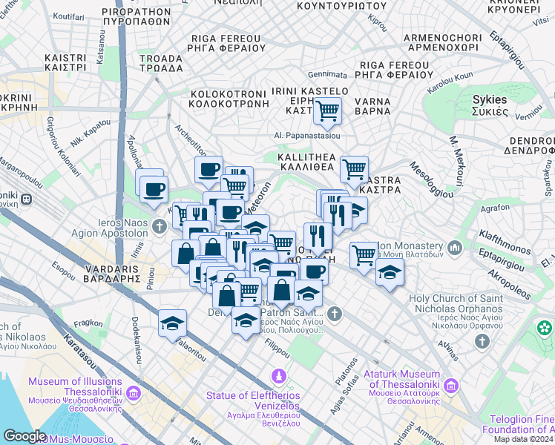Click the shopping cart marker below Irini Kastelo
click(x=326, y=112)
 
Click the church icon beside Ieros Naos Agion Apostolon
click(x=160, y=225)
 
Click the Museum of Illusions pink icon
click(x=133, y=392)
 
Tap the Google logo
click(x=24, y=435)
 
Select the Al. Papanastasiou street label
click(x=306, y=136)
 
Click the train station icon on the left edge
click(x=26, y=199)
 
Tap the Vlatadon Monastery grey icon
click(x=453, y=247)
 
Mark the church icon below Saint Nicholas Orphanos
click(x=482, y=340)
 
